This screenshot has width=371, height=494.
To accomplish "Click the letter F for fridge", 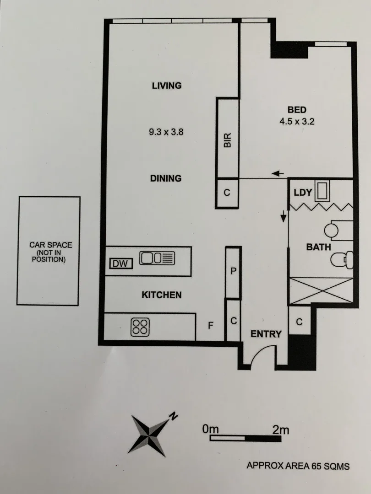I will (211, 326).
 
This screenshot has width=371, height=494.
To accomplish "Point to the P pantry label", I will (233, 271).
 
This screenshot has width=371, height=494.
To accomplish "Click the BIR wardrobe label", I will (227, 140).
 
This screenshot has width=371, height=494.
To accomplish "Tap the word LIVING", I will (167, 86).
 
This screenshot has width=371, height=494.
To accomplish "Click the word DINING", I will (166, 178).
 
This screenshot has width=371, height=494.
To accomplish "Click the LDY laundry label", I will (303, 193).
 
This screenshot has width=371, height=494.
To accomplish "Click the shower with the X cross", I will (320, 290).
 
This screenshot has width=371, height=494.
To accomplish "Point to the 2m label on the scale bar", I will (280, 430).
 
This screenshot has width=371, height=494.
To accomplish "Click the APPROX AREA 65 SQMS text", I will (298, 466).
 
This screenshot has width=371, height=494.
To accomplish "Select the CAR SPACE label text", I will (49, 252).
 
